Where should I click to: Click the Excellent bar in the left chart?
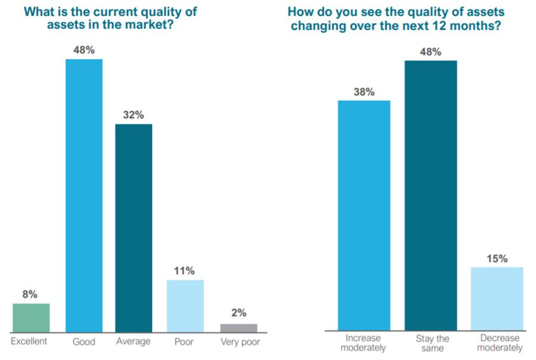click(31, 318)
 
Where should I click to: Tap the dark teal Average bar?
click(133, 228)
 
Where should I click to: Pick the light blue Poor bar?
click(185, 306)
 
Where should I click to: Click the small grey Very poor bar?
click(238, 328)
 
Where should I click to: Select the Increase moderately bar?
click(364, 215)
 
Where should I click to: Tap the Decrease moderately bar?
click(497, 298)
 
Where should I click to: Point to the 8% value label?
click(31, 295)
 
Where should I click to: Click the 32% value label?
click(133, 115)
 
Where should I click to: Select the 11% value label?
click(185, 271)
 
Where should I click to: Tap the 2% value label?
click(238, 314)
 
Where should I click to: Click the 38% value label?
click(364, 92)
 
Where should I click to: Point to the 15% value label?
click(497, 258)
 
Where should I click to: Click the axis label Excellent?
click(29, 342)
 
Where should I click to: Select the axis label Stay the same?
click(432, 343)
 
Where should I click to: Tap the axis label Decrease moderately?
click(498, 343)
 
